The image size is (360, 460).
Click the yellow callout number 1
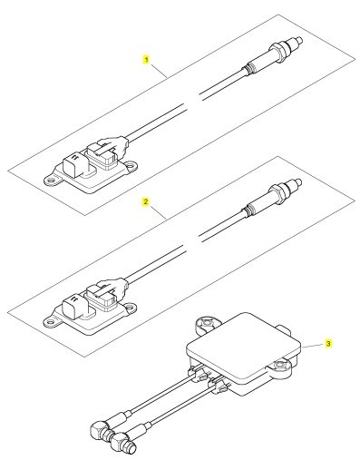point(146,59)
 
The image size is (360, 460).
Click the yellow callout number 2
point(146,201)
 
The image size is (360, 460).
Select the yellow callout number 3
point(328,344)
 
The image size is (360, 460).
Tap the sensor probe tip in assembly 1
point(299,40)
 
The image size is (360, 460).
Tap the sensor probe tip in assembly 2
point(298,182)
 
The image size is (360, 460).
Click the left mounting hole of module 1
point(53,180)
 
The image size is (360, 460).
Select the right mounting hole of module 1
point(131,165)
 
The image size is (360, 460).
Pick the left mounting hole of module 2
point(52,321)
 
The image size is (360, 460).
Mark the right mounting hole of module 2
point(131,307)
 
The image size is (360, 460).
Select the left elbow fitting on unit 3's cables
point(99,429)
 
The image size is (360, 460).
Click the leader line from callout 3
point(313,346)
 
